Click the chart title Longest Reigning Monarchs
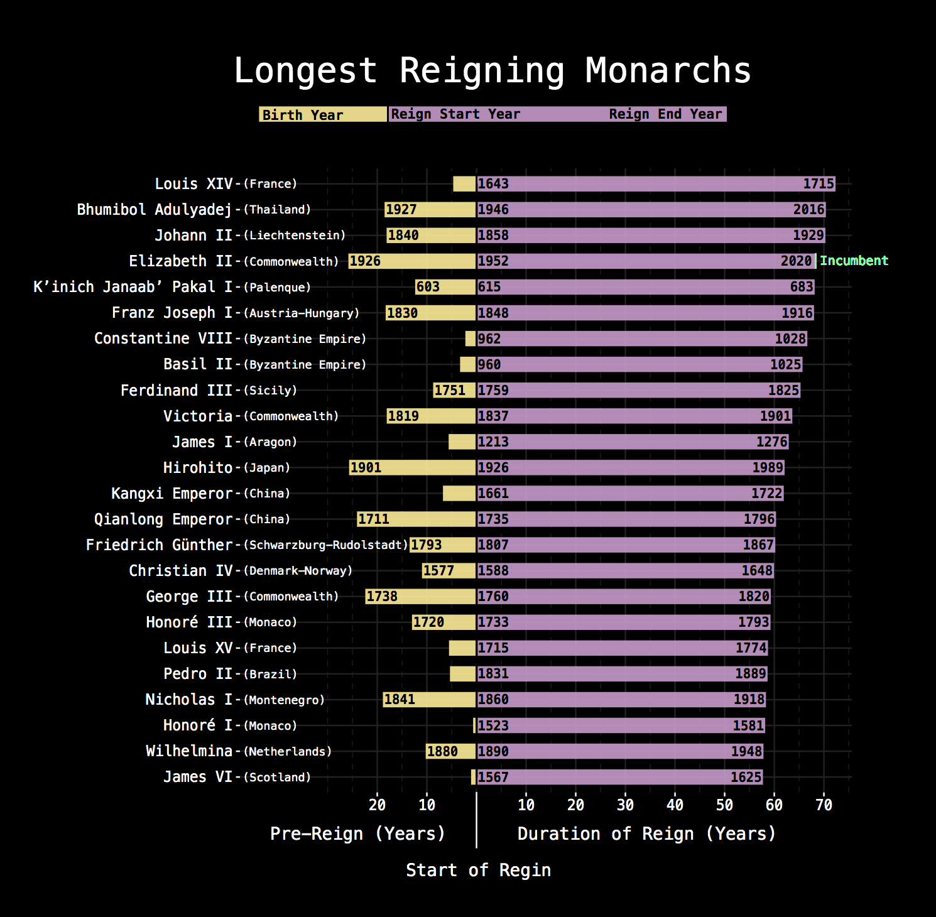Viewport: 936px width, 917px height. [492, 70]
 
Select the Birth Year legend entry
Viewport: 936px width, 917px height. [303, 115]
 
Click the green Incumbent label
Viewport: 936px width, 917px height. [854, 261]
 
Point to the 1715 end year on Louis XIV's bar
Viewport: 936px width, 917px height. [819, 184]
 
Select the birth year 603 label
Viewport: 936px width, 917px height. [428, 287]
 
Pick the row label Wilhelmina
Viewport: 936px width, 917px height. [189, 751]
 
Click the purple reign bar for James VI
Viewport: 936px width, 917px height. [619, 777]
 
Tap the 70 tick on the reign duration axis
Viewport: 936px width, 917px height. [824, 805]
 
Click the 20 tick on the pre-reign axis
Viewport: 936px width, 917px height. [377, 805]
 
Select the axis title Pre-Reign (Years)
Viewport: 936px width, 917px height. [357, 834]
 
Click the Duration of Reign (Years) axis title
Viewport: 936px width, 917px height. [646, 834]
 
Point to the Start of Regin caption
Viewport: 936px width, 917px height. [478, 871]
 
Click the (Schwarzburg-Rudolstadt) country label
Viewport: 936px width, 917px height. [326, 545]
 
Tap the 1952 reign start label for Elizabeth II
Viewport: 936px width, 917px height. [493, 261]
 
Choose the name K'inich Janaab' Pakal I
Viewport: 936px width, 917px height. [133, 287]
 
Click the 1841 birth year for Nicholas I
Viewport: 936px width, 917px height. [400, 700]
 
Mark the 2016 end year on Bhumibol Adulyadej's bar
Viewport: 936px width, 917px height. [808, 210]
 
